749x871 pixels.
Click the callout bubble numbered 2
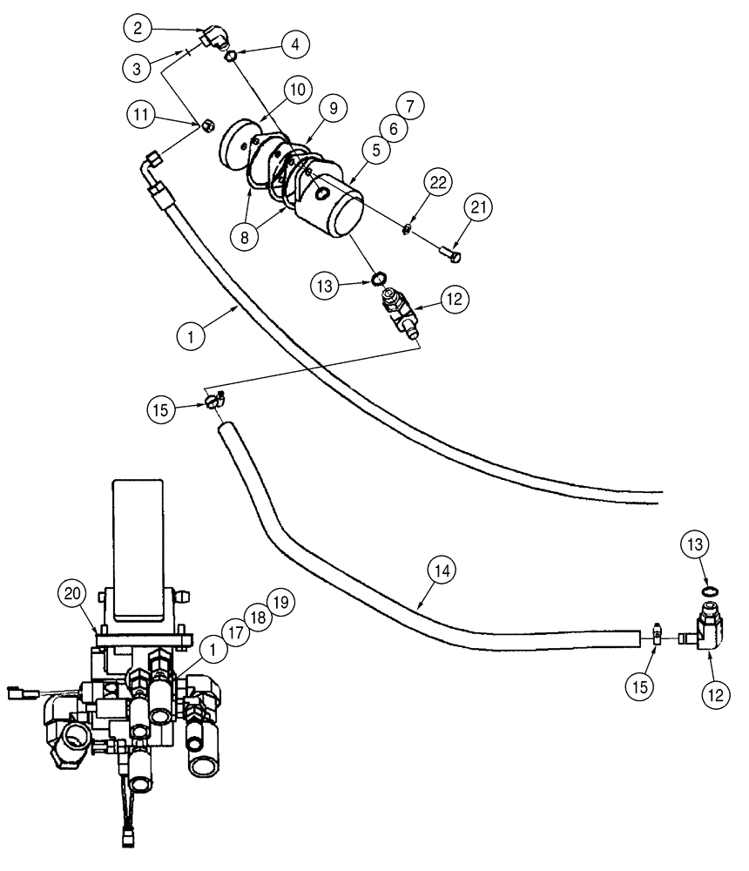[x=136, y=28]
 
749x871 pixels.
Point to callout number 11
[x=141, y=114]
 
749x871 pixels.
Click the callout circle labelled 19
[x=281, y=602]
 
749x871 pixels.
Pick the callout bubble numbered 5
[x=376, y=150]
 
